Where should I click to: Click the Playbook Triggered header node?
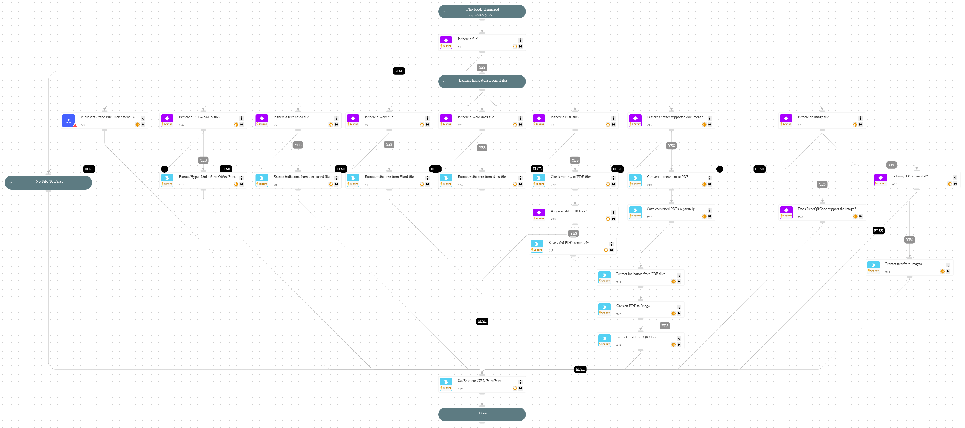[482, 11]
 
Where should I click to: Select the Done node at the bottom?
[482, 414]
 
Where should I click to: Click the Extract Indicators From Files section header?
[482, 81]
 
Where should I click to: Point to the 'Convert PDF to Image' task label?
[633, 306]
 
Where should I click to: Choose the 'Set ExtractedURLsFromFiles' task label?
[479, 381]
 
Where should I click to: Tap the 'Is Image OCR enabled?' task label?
[909, 176]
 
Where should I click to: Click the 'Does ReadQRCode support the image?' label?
[826, 209]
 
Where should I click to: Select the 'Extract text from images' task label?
[903, 264]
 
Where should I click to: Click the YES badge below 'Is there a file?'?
[482, 68]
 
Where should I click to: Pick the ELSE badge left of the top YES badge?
[399, 71]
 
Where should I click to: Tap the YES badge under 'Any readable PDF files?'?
[573, 233]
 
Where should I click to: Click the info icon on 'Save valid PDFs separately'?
[611, 244]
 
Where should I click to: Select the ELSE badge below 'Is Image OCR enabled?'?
[878, 231]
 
